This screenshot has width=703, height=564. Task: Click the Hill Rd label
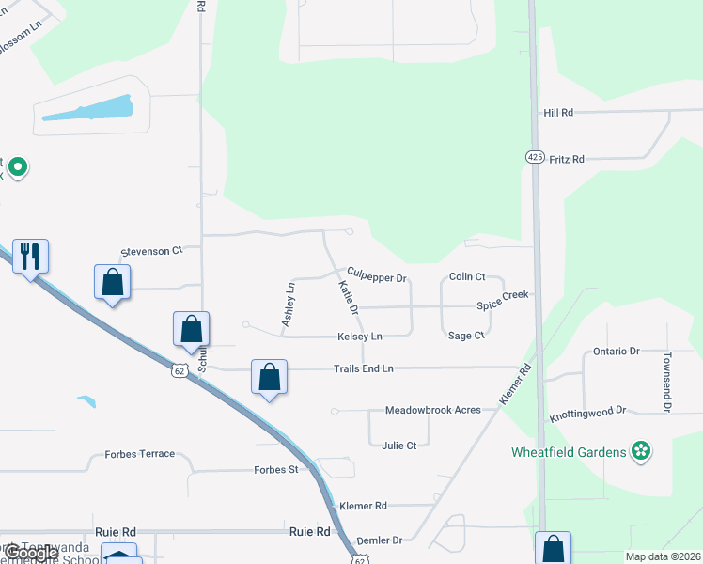(x=558, y=113)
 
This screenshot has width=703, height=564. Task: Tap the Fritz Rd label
(x=567, y=160)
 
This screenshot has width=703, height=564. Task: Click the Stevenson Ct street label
(x=151, y=252)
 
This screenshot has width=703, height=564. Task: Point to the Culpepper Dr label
(x=376, y=278)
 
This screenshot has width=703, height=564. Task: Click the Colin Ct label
(x=466, y=276)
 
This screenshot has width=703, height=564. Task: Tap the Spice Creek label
(x=503, y=301)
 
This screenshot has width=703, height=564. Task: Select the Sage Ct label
(x=466, y=336)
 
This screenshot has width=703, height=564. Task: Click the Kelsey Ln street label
(x=360, y=337)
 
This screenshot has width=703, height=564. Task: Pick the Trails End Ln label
(x=363, y=368)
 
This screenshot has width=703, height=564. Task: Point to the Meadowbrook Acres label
(x=433, y=411)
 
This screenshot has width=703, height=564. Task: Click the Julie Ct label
(x=398, y=446)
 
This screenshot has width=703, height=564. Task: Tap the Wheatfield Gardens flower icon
(x=641, y=452)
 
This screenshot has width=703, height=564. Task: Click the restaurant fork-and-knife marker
(x=30, y=255)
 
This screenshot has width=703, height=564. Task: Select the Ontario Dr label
(x=616, y=352)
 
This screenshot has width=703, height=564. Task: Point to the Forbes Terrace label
(x=140, y=454)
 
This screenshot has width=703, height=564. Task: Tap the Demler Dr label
(x=380, y=540)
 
